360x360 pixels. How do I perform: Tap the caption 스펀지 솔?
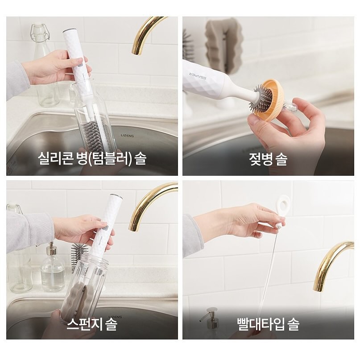tap(92, 324)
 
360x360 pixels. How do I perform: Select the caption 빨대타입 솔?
tap(268, 324)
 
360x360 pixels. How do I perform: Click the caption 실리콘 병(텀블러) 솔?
tap(92, 159)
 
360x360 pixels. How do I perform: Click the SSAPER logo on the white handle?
tap(198, 76)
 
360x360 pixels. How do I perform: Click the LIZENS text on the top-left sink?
tap(128, 136)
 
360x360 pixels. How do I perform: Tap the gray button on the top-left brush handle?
tap(80, 65)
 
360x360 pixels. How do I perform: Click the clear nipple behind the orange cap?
tap(290, 106)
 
